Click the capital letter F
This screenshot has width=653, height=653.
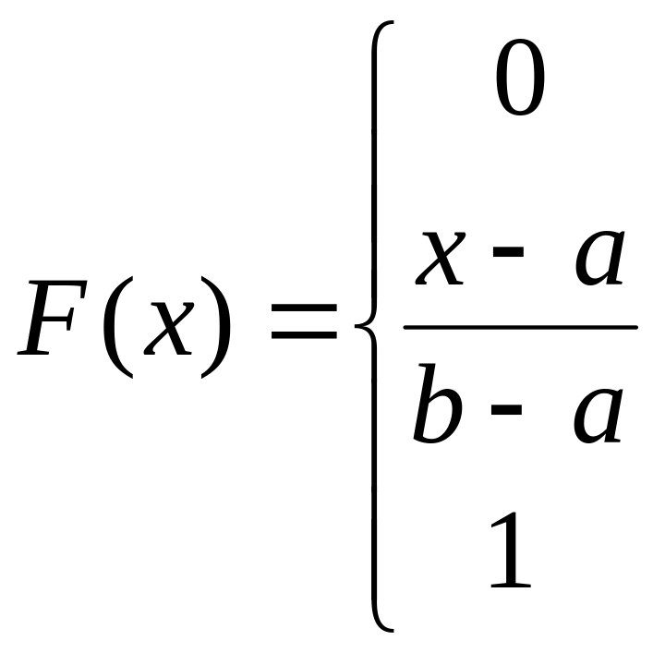(x=55, y=319)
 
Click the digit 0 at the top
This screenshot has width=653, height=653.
(x=521, y=82)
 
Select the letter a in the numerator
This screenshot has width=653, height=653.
(x=599, y=258)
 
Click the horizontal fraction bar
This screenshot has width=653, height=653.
(x=520, y=327)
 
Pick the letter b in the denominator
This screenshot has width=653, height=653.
(x=438, y=406)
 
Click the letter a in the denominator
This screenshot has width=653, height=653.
(x=597, y=416)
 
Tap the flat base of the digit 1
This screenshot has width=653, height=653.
(x=511, y=586)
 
